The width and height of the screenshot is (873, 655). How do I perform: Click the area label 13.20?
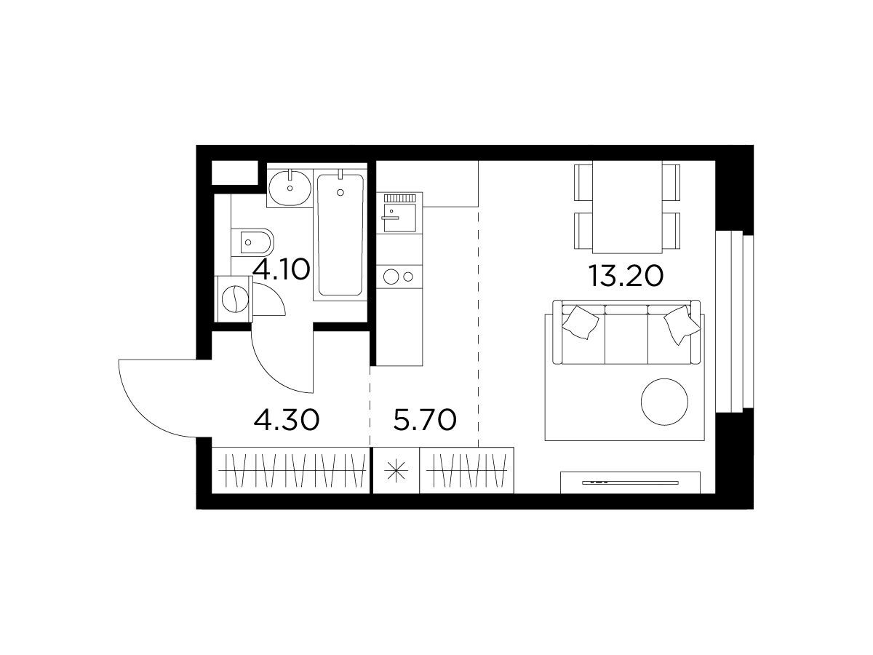click(626, 276)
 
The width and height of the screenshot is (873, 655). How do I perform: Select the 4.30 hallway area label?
click(287, 420)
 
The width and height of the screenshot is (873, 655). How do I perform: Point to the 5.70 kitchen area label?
click(425, 420)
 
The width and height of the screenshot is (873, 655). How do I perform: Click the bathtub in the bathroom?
click(340, 234)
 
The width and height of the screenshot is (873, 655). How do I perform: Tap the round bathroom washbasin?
click(290, 188)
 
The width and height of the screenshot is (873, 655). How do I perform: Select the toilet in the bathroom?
click(252, 242)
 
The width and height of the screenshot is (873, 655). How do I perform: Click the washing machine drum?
click(235, 299)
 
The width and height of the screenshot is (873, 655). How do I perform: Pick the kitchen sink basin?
click(399, 218)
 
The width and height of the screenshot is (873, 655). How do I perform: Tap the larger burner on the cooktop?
click(391, 277)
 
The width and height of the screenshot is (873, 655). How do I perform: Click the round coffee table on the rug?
click(664, 402)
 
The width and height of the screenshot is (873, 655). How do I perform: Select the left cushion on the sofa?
click(581, 322)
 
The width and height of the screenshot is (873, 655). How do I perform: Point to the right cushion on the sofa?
click(682, 325)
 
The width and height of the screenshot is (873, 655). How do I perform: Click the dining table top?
click(627, 207)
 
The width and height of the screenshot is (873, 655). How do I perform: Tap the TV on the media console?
click(630, 483)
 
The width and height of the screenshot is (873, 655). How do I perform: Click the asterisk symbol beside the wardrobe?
click(396, 470)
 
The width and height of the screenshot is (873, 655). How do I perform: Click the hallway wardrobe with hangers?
click(291, 470)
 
